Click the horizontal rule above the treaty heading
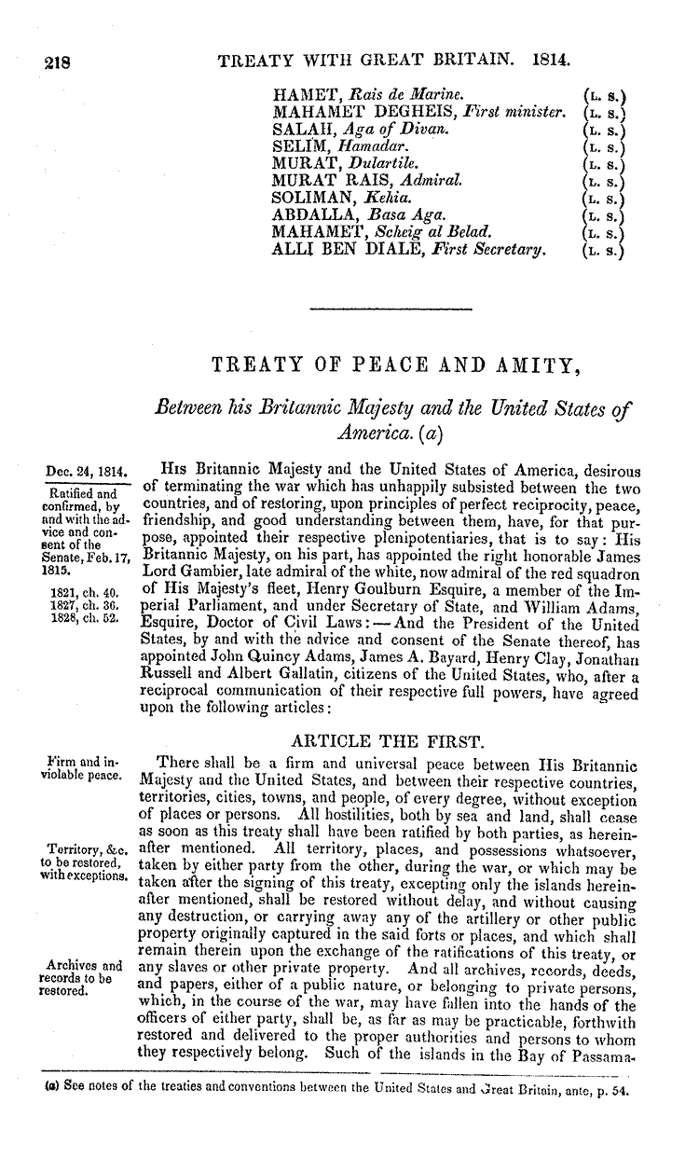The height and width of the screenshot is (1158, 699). [x=391, y=307]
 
